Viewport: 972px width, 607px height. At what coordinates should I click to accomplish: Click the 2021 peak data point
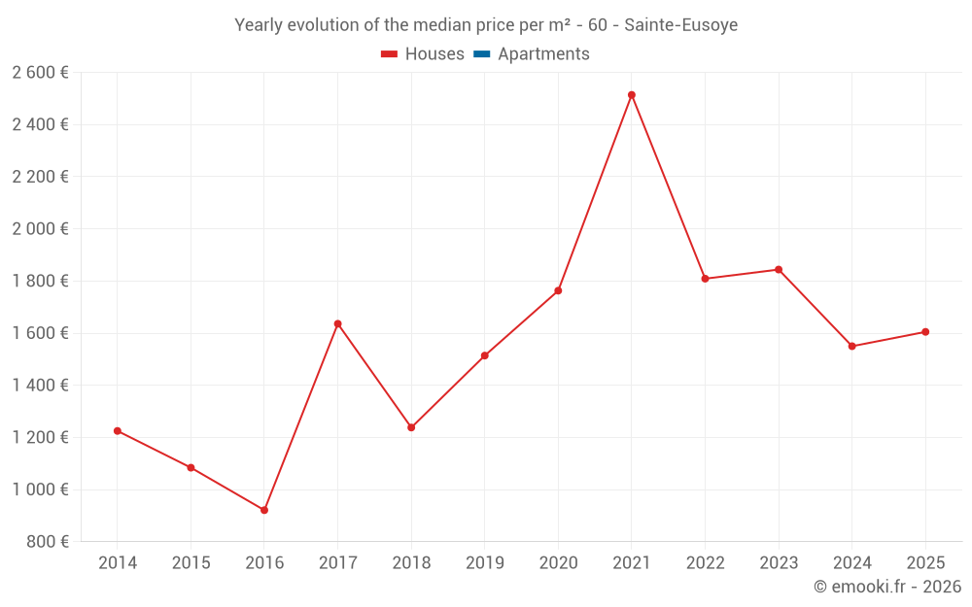632,95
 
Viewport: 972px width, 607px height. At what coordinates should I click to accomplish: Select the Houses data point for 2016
264,510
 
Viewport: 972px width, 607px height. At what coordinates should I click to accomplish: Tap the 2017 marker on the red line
337,323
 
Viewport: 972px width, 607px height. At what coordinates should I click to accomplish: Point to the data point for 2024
852,347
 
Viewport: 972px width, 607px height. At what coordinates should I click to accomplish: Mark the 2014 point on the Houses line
118,431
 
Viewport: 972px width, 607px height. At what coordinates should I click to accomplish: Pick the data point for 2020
558,290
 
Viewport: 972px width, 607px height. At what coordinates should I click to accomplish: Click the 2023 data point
779,270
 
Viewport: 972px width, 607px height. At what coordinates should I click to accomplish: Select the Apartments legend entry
543,54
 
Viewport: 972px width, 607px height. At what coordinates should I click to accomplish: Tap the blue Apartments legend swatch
482,54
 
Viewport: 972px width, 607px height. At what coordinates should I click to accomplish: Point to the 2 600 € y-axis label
40,73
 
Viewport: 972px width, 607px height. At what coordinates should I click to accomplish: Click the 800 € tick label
47,542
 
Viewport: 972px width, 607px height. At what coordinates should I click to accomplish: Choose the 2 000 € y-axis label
40,229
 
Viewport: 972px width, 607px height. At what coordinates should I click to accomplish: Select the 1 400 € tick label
40,386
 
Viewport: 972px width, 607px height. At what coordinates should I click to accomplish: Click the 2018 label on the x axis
411,563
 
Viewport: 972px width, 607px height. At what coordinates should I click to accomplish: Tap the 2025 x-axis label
925,563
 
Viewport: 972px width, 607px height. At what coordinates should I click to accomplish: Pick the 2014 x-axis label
118,563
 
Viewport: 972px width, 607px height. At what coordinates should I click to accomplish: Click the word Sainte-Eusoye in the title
680,25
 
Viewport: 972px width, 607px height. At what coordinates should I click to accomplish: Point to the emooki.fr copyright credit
887,587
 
